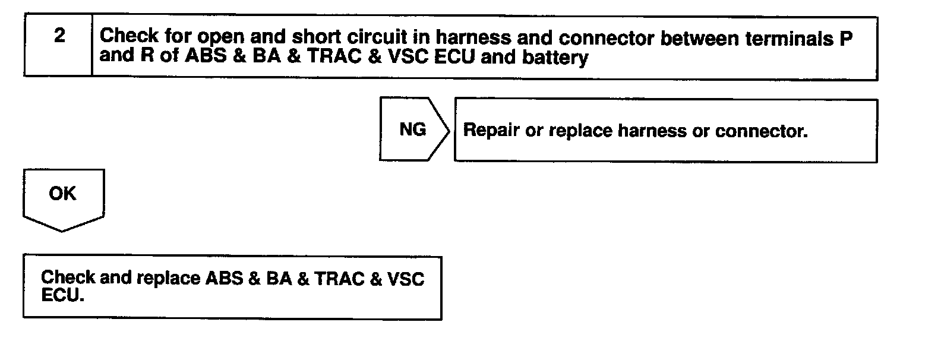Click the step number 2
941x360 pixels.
coord(59,36)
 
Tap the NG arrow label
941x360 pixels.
coord(412,130)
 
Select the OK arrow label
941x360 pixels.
coord(62,194)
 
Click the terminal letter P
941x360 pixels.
coord(846,38)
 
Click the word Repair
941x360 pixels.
coord(491,131)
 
